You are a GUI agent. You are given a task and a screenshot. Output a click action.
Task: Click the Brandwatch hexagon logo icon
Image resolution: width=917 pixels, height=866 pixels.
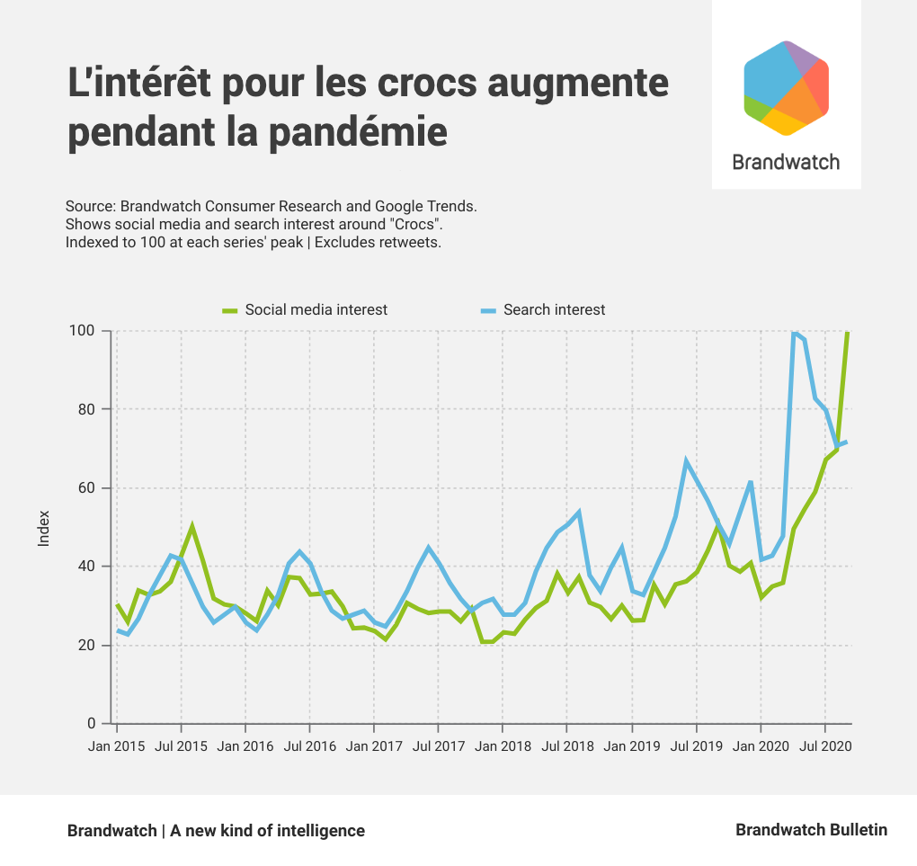[786, 88]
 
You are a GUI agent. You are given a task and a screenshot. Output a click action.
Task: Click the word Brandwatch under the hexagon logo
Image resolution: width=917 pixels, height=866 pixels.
[786, 162]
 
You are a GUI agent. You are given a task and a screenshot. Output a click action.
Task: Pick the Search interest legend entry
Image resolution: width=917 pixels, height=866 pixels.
[554, 309]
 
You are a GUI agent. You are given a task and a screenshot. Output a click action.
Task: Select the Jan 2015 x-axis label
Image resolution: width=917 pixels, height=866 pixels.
[117, 746]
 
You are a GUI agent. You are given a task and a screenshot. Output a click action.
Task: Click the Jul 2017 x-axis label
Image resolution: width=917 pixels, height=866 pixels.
[438, 746]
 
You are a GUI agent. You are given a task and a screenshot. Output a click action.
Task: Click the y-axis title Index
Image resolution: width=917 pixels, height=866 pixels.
[44, 528]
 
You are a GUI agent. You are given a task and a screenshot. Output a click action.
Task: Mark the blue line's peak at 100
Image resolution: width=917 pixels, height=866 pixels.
[795, 334]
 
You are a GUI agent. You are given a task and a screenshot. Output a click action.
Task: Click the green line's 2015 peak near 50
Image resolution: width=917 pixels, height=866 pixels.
[191, 526]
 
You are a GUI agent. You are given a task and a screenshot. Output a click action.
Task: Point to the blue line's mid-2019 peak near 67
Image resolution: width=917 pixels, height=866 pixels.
[686, 461]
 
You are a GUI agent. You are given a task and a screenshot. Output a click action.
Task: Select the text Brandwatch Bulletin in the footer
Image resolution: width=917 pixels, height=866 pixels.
[811, 830]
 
